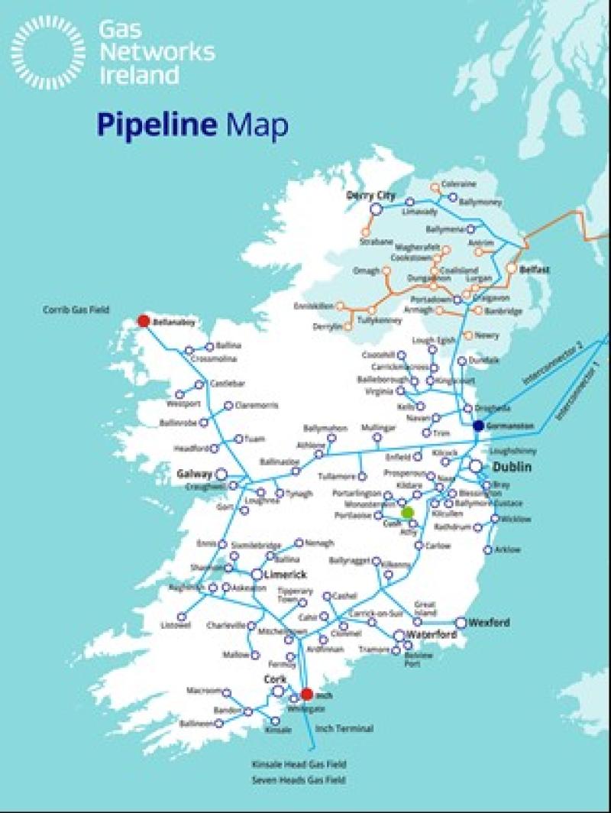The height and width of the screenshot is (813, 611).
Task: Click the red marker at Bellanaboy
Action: [143, 322]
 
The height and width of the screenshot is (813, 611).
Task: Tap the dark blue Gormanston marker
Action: [478, 426]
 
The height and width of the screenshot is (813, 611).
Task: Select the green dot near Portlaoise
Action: [408, 512]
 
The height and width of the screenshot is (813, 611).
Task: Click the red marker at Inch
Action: [306, 695]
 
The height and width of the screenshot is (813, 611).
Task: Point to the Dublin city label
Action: [512, 466]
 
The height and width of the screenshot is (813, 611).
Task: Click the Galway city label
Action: [194, 474]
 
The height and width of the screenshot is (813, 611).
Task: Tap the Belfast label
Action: [535, 270]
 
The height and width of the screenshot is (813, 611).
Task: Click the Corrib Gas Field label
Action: [76, 309]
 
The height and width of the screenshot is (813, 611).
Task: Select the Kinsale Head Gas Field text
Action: [299, 764]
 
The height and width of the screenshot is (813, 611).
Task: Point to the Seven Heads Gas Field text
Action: [299, 780]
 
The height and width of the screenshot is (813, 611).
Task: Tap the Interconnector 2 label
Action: [553, 363]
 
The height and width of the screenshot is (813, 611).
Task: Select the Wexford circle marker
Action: [461, 623]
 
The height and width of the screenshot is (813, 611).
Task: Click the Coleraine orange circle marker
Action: [435, 186]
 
